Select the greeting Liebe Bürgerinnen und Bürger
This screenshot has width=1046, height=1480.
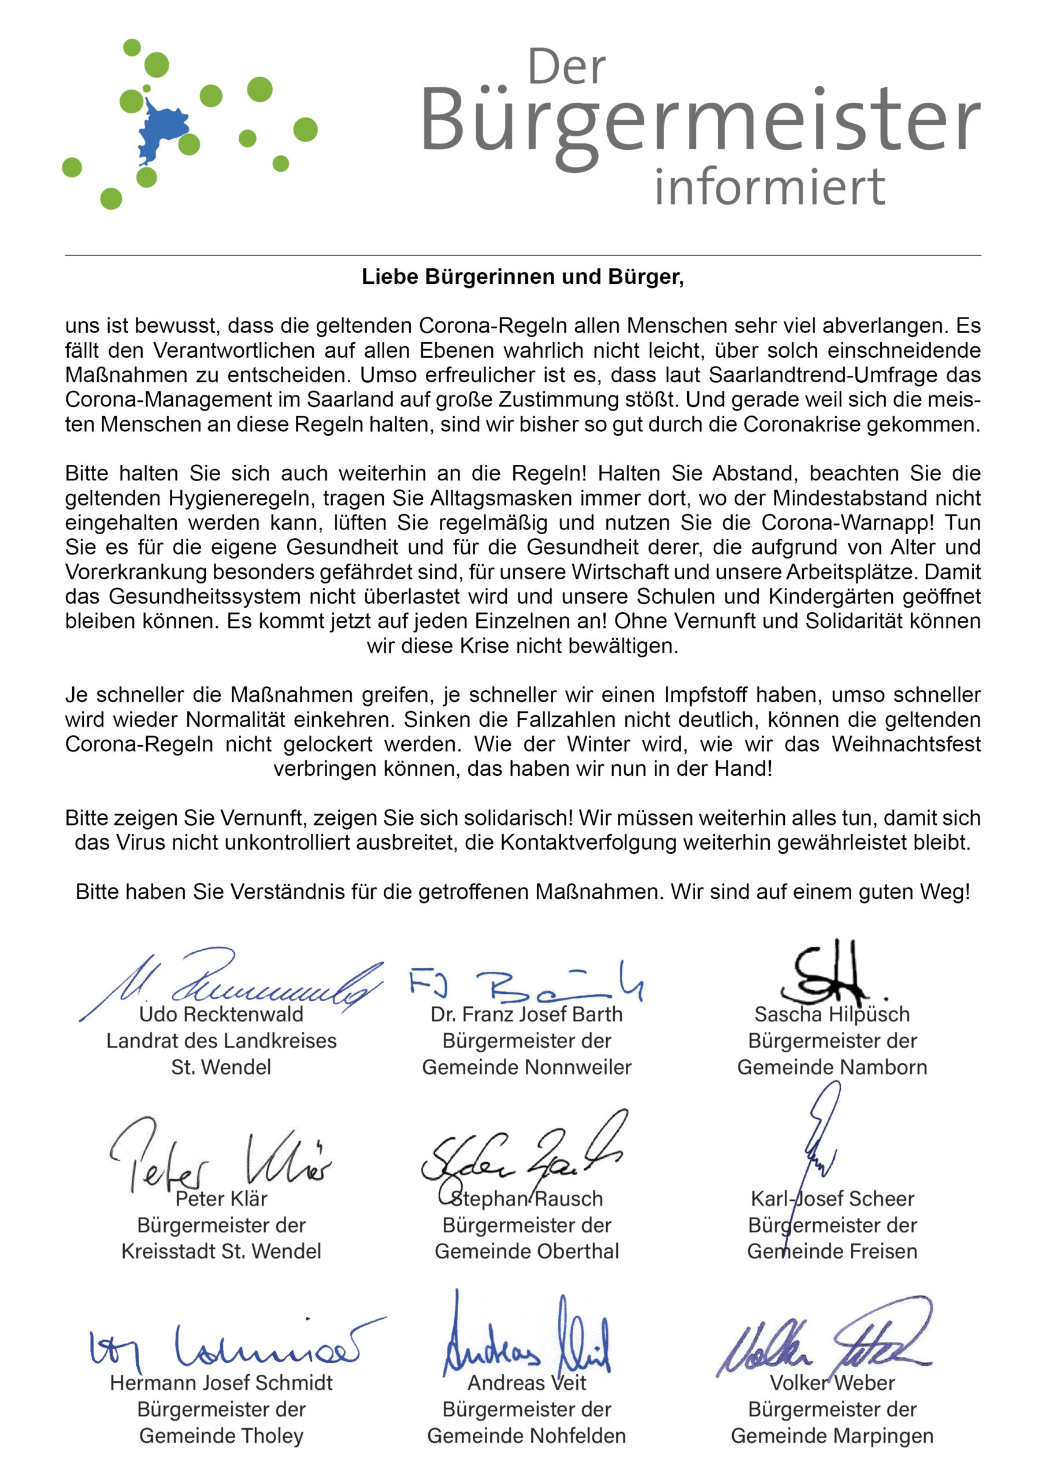click(x=522, y=276)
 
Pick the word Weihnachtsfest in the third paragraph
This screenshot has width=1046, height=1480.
click(x=906, y=744)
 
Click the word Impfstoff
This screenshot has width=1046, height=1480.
click(x=705, y=695)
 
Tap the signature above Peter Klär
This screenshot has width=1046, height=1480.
click(x=219, y=1160)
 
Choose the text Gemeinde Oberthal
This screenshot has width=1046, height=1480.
click(x=526, y=1251)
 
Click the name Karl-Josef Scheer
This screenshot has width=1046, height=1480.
click(x=832, y=1198)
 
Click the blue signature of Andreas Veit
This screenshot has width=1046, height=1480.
click(x=525, y=1341)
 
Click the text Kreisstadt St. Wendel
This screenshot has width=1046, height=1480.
click(x=221, y=1251)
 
